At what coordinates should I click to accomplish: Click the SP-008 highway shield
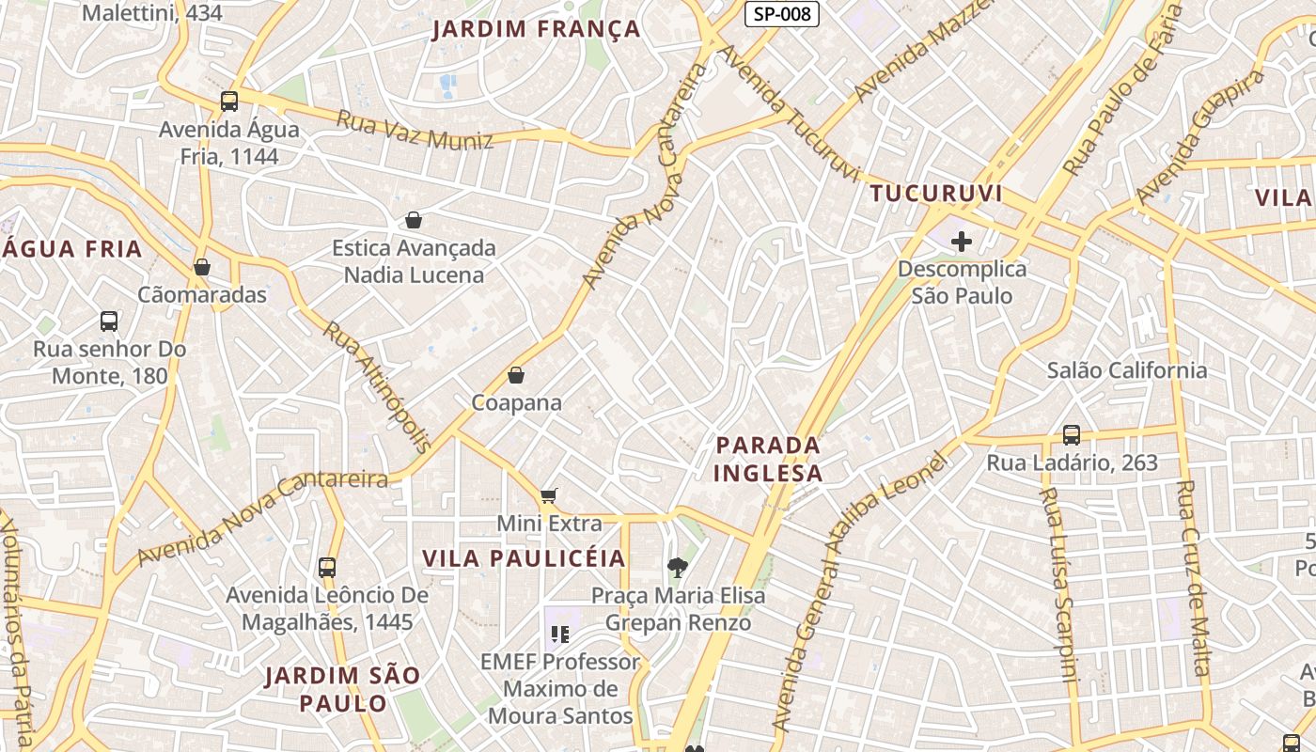pyautogui.click(x=782, y=14)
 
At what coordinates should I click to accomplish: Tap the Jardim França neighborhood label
pyautogui.click(x=536, y=29)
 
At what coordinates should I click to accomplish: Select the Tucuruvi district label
pyautogui.click(x=936, y=194)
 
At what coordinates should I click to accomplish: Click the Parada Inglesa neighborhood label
pyautogui.click(x=768, y=459)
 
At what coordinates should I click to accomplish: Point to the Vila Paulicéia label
pyautogui.click(x=524, y=558)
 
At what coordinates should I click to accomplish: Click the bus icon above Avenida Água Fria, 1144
pyautogui.click(x=229, y=102)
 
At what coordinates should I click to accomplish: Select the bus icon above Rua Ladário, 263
pyautogui.click(x=1072, y=435)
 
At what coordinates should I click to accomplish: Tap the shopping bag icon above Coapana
pyautogui.click(x=516, y=375)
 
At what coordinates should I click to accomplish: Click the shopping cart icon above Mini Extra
pyautogui.click(x=549, y=495)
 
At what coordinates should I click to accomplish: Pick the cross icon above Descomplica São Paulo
pyautogui.click(x=961, y=242)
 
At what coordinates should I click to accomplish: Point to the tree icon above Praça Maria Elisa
pyautogui.click(x=677, y=567)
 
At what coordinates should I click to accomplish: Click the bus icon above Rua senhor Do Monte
pyautogui.click(x=109, y=321)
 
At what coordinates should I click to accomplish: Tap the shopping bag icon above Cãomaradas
pyautogui.click(x=202, y=267)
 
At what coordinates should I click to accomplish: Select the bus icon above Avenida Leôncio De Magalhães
pyautogui.click(x=327, y=568)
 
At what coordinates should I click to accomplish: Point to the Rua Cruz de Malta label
pyautogui.click(x=1193, y=578)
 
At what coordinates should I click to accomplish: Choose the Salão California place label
pyautogui.click(x=1127, y=370)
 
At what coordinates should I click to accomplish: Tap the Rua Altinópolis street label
pyautogui.click(x=377, y=386)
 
